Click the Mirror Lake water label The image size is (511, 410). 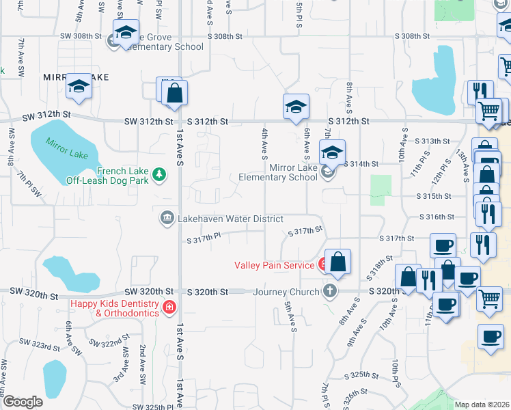click(68, 150)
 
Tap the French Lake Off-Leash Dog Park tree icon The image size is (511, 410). click(160, 176)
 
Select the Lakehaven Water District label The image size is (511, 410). click(231, 219)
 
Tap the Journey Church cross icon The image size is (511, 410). click(330, 291)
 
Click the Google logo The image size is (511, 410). click(23, 402)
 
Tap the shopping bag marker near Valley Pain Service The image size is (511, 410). click(337, 262)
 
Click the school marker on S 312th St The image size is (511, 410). click(296, 107)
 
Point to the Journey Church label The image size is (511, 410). click(286, 292)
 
